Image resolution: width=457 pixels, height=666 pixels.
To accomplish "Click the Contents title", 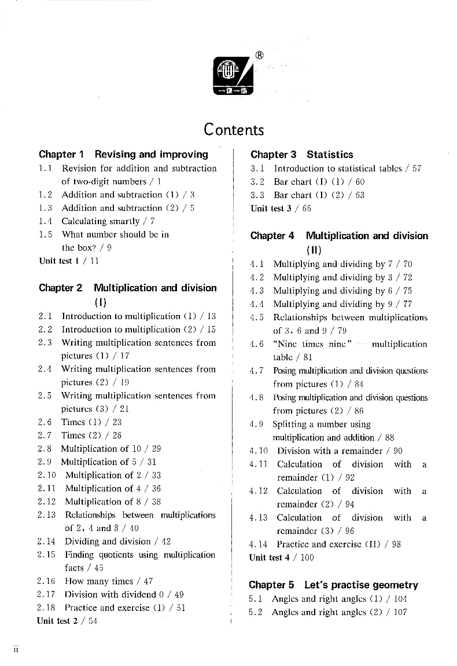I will tap(233, 129).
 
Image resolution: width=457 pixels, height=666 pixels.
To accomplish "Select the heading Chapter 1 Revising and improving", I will tap(123, 155).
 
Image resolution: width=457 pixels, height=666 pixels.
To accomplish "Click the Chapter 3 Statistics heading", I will tap(301, 155).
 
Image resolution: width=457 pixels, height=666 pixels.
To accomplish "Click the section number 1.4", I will tap(46, 221).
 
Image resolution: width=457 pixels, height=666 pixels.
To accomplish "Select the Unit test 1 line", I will tap(69, 261).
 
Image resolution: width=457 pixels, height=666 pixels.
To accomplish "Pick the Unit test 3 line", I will tap(281, 208).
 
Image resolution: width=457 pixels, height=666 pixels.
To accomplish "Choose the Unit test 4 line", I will tap(281, 557).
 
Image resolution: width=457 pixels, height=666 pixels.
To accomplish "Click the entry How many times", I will tap(101, 581).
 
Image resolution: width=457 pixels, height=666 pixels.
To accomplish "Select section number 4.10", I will tap(259, 451).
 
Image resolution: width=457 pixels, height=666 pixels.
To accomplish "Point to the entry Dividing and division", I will tap(107, 541).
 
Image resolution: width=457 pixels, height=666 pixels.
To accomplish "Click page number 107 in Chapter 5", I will tap(400, 612).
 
